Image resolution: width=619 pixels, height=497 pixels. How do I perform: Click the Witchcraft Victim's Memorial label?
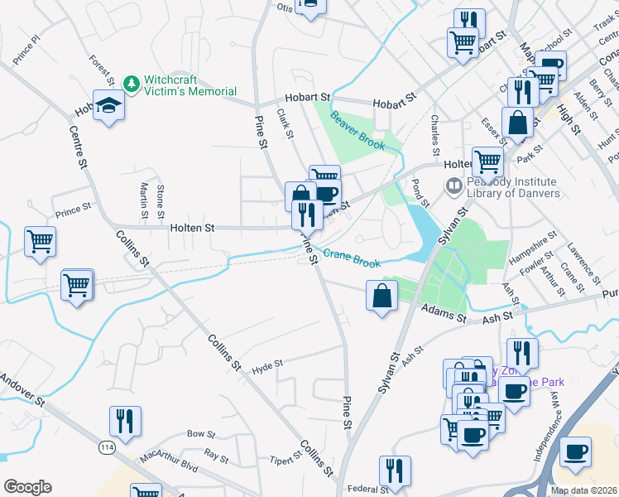pyautogui.click(x=190, y=85)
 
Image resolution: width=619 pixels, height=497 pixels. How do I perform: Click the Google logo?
pyautogui.click(x=27, y=487)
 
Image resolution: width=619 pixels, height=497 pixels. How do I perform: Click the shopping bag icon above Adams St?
pyautogui.click(x=382, y=296)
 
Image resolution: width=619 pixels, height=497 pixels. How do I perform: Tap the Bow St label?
pyautogui.click(x=201, y=434)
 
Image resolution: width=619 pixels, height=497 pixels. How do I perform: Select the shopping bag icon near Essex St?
pyautogui.click(x=517, y=122)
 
